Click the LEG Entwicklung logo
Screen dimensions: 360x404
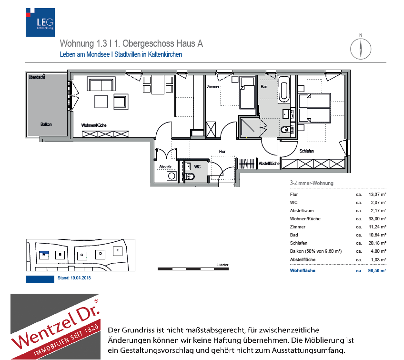coord(40,21)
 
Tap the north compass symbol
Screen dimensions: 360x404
coord(361,47)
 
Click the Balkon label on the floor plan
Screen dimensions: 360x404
coord(46,124)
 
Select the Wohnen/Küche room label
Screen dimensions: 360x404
coord(94,125)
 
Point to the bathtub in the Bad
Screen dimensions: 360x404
coord(284,89)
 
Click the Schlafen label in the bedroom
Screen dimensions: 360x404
coord(307,151)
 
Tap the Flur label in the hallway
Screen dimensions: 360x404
coord(222,151)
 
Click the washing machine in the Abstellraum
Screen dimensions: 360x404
coord(171,176)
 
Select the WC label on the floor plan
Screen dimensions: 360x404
coord(198,166)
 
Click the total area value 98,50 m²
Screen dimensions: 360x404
coord(376,270)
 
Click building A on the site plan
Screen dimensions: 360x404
coord(44,254)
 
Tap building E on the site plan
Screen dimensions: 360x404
coord(117,249)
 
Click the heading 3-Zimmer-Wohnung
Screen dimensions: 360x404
coord(312,183)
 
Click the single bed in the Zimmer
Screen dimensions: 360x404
coord(248,93)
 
